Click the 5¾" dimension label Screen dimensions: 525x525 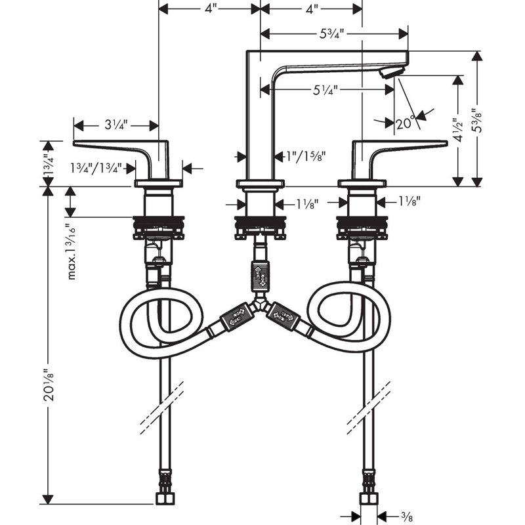(x=331, y=33)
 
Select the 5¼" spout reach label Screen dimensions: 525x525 (x=325, y=90)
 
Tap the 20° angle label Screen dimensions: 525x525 (x=405, y=123)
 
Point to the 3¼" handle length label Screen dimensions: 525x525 (x=116, y=125)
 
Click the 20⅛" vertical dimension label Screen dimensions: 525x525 (x=49, y=385)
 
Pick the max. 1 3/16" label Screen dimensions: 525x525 (x=72, y=252)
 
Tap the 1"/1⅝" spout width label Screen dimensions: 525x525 (x=305, y=156)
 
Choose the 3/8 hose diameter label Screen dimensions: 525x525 (x=406, y=516)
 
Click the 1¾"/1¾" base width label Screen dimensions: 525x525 (x=95, y=168)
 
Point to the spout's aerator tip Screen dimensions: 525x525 (x=392, y=72)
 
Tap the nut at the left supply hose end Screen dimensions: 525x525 (x=165, y=498)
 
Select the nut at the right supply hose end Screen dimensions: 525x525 (x=369, y=498)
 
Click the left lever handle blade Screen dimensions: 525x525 (x=114, y=146)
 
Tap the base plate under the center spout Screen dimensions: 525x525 (x=260, y=184)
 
